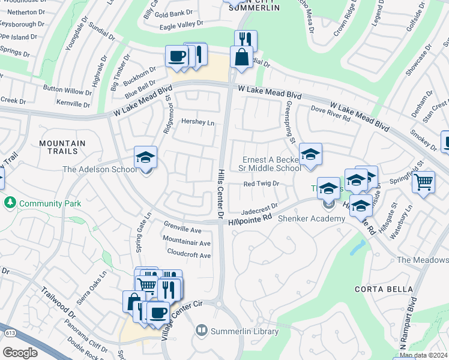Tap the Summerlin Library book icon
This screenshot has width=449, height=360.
(x=202, y=331)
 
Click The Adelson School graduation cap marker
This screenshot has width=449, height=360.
(x=145, y=158)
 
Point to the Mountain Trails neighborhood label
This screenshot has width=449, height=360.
(x=62, y=148)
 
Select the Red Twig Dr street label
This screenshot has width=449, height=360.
(x=262, y=184)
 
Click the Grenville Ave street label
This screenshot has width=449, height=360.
(x=182, y=230)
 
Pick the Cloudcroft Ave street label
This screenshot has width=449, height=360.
(x=189, y=255)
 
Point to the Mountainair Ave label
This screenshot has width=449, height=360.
(x=187, y=243)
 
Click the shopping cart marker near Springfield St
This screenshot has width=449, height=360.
(x=424, y=182)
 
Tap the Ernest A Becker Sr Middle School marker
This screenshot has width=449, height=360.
(x=310, y=155)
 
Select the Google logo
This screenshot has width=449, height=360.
(x=20, y=352)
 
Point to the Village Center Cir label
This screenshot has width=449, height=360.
(x=182, y=314)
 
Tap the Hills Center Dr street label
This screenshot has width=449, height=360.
(x=220, y=192)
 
